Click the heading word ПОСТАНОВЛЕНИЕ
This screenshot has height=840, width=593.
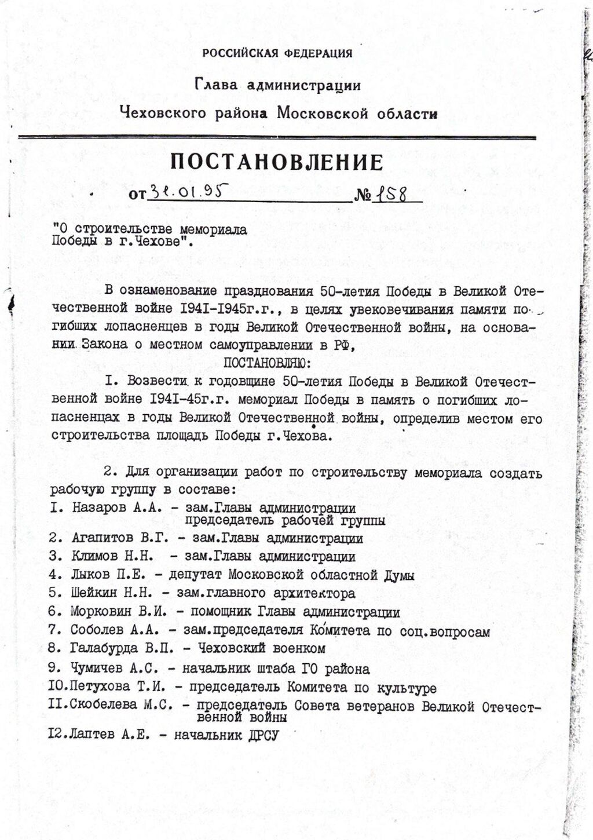[277, 162]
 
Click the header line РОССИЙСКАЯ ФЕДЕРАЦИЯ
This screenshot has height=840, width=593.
[277, 54]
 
